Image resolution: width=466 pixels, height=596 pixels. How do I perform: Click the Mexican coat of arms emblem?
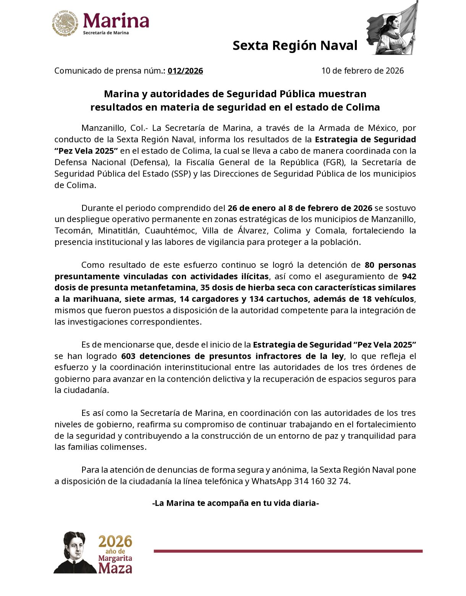[65, 23]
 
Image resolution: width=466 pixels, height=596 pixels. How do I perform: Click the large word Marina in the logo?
[116, 21]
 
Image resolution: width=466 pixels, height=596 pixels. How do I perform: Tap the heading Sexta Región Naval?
[295, 45]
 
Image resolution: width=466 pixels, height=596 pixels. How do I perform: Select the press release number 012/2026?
[185, 71]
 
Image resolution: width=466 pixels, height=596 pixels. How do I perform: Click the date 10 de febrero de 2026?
[362, 71]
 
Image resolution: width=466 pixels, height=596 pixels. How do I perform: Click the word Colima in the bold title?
[363, 107]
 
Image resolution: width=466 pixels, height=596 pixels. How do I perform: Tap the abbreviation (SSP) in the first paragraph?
[181, 174]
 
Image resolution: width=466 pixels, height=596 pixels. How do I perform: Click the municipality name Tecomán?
[73, 231]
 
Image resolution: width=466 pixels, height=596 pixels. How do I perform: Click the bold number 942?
[409, 276]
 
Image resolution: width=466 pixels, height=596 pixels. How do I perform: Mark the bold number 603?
[128, 356]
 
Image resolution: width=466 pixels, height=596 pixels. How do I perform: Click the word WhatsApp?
[271, 481]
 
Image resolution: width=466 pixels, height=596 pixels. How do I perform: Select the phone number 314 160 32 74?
[321, 481]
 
